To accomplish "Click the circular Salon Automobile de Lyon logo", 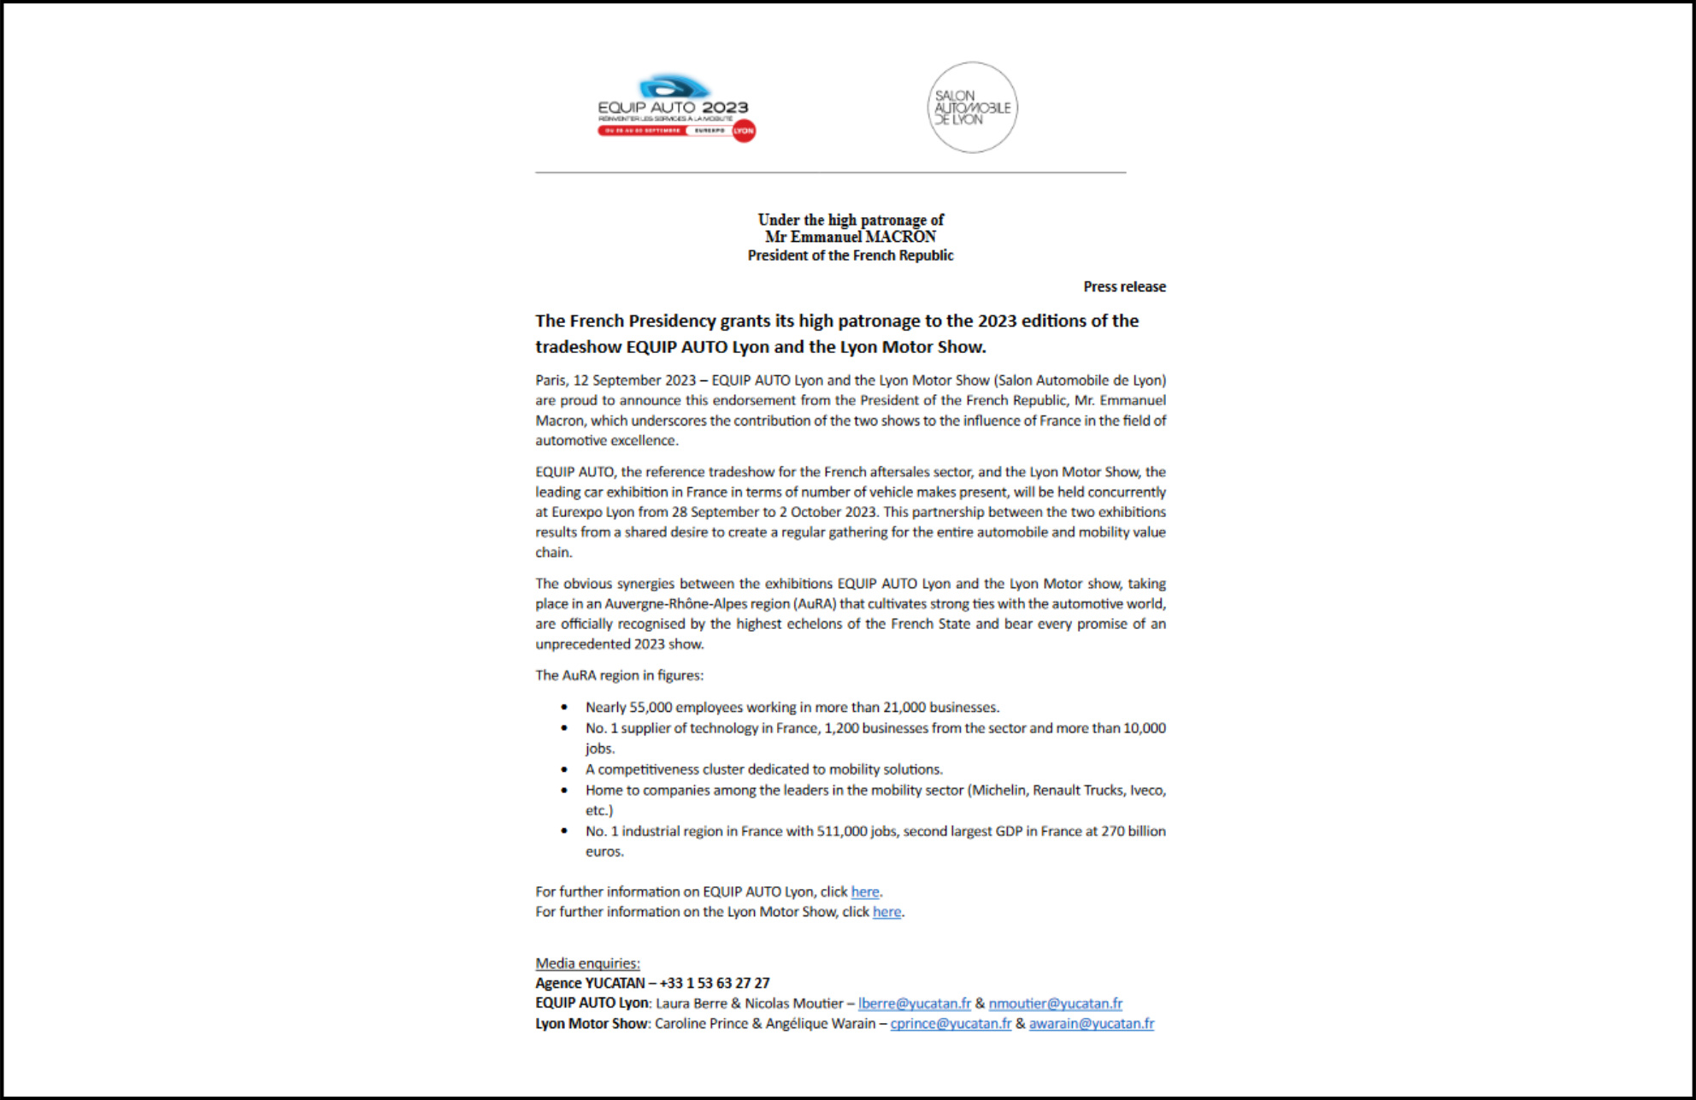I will click(x=972, y=108).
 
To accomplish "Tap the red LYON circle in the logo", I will click(x=744, y=131).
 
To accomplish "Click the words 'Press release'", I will click(x=1124, y=287).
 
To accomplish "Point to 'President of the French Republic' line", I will click(x=850, y=256).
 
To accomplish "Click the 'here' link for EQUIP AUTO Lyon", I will click(x=864, y=891).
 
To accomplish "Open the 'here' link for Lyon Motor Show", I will click(x=886, y=912).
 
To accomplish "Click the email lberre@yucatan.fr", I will click(x=914, y=1003).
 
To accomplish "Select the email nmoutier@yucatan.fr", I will click(x=1055, y=1003).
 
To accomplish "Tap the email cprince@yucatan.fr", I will click(x=950, y=1024).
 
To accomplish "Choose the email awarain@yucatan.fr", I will click(x=1091, y=1024).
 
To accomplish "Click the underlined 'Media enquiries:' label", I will click(x=587, y=963).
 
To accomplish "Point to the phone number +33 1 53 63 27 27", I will click(x=714, y=983).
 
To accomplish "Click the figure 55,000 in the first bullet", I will click(x=651, y=708).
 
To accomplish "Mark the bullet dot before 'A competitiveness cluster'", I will click(x=564, y=769).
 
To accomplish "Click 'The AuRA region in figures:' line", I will click(x=619, y=675).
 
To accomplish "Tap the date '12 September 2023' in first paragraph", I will click(x=634, y=380).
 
